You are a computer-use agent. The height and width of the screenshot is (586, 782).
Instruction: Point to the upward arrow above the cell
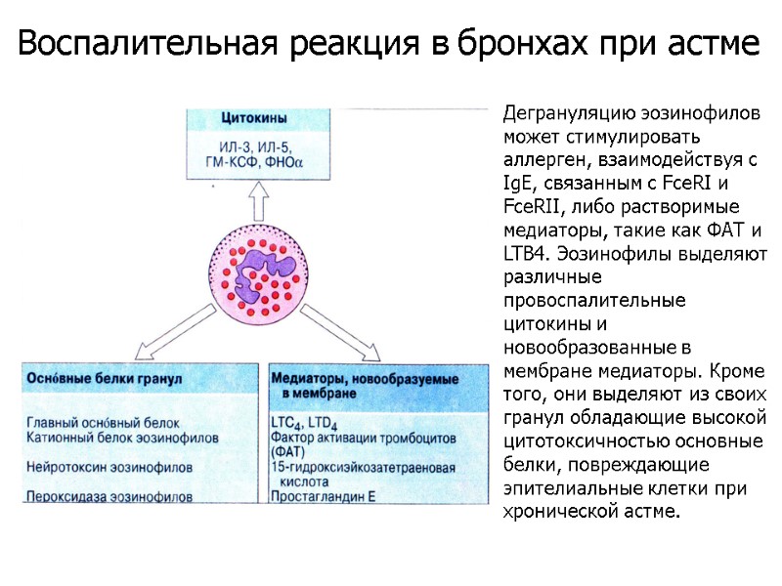(259, 202)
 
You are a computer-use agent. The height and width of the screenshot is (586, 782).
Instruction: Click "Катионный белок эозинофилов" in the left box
(123, 437)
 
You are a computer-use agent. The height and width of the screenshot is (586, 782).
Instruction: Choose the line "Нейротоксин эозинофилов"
(109, 467)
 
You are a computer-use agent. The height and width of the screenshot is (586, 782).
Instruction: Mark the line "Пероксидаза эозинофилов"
(109, 496)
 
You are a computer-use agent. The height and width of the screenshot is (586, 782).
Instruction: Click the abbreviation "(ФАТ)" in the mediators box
(289, 452)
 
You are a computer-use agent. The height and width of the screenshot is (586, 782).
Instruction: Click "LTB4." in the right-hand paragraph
(527, 252)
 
